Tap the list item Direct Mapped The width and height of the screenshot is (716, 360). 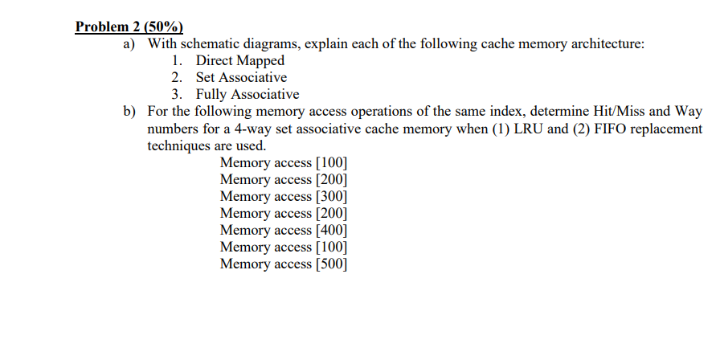point(240,60)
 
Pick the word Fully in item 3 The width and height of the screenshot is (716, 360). point(213,94)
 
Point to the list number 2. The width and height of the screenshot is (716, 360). point(176,77)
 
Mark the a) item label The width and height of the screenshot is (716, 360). point(129,43)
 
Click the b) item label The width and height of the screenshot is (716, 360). point(129,112)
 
